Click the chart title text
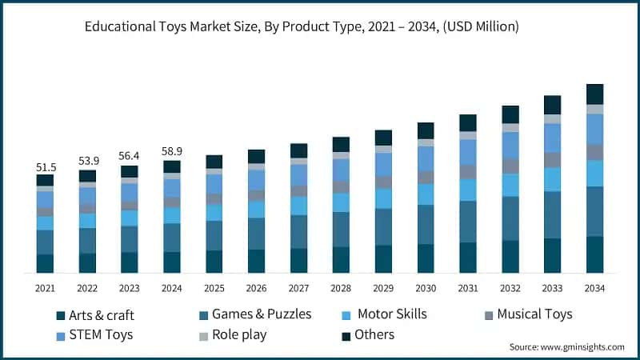tap(302, 27)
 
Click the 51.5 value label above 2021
tap(45, 166)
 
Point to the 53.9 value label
tap(87, 162)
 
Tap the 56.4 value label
tap(129, 157)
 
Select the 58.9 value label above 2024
tap(171, 152)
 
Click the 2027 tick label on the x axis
tap(298, 288)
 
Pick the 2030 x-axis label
tap(426, 288)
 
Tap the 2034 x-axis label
tap(594, 288)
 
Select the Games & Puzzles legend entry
tap(254, 314)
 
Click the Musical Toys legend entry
tap(527, 314)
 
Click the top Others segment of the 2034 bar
tap(594, 94)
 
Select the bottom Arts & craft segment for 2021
tap(45, 264)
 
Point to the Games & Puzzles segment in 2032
tap(510, 218)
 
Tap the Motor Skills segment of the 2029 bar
tap(383, 198)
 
